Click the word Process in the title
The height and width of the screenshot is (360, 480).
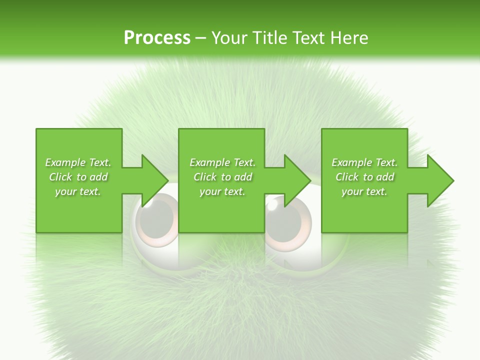[157, 37]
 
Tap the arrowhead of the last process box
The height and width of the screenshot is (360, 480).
[439, 180]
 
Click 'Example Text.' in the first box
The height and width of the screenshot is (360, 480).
[78, 162]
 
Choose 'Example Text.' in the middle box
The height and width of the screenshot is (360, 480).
[222, 162]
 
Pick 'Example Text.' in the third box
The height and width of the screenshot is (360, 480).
[364, 162]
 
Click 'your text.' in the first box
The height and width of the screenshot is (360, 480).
[78, 191]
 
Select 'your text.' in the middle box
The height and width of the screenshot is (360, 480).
[222, 191]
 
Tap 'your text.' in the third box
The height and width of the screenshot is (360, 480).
[364, 191]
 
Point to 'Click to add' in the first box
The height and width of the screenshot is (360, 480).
[78, 177]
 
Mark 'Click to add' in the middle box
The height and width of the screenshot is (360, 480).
[222, 177]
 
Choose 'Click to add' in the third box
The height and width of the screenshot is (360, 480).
[364, 177]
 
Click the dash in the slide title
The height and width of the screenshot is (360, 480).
[201, 38]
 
